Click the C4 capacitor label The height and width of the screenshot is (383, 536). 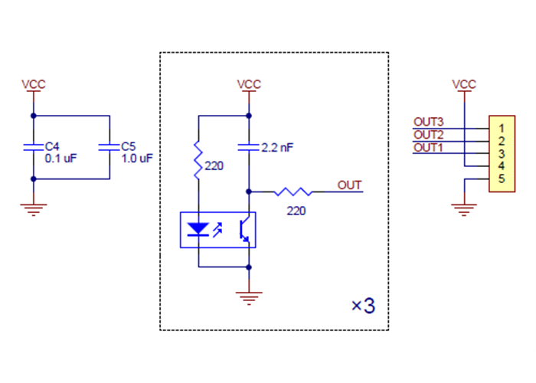(x=52, y=146)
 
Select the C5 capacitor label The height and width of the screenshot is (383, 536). (x=129, y=146)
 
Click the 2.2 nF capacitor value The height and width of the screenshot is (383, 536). (x=277, y=148)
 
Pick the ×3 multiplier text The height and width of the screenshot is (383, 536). (x=363, y=306)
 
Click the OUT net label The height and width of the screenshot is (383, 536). (x=350, y=185)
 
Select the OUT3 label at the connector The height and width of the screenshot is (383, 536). (x=428, y=121)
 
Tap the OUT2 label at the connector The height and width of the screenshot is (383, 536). (x=428, y=135)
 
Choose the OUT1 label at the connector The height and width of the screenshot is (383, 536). (x=428, y=147)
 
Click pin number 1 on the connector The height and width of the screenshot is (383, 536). (x=499, y=128)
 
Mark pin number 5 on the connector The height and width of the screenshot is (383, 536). (x=499, y=178)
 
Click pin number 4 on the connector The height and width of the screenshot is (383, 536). (x=499, y=165)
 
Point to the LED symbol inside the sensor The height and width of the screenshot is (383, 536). (x=199, y=229)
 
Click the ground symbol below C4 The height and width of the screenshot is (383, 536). (x=33, y=208)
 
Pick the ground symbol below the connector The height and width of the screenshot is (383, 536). (x=464, y=208)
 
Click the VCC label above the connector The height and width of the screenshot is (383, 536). (x=464, y=84)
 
